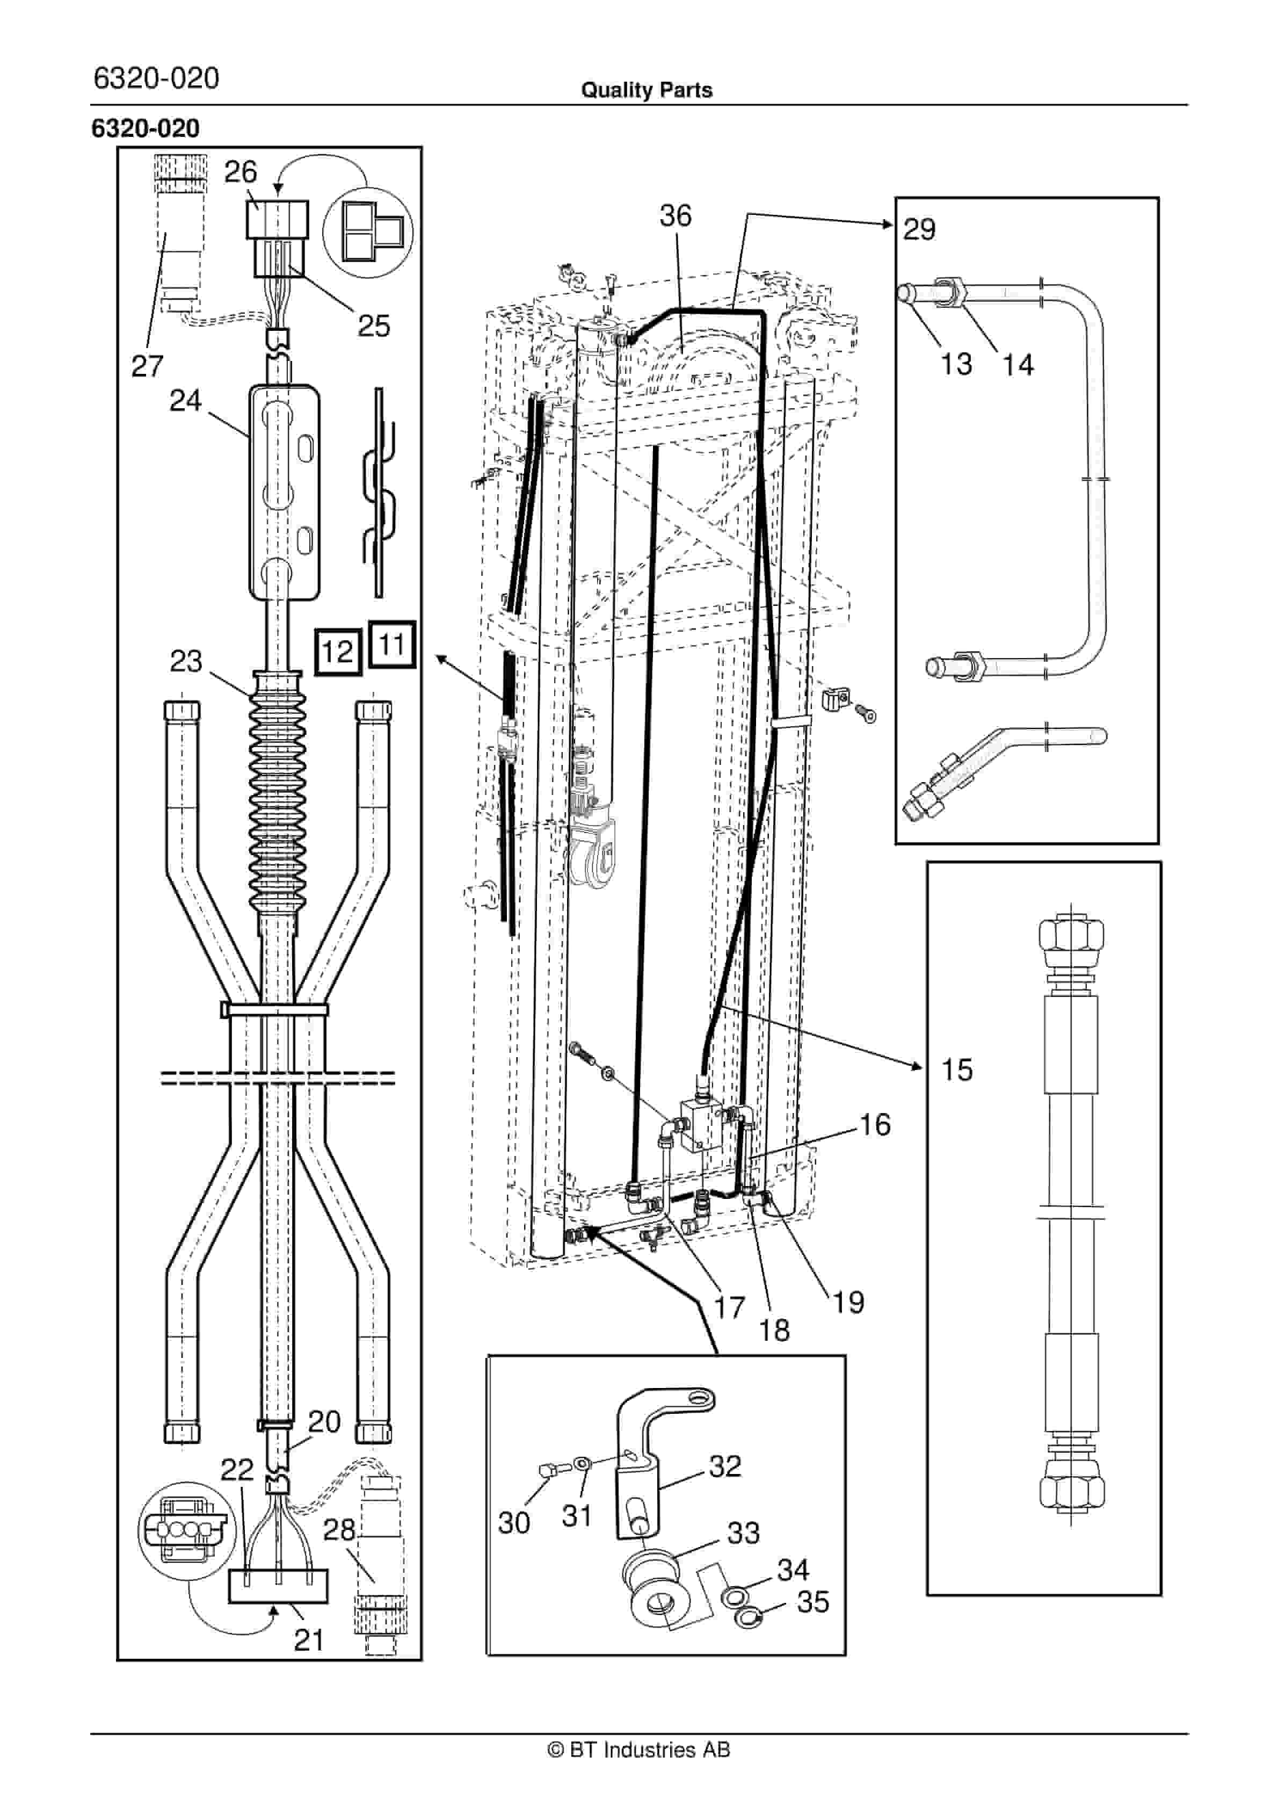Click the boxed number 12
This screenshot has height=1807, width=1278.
[x=338, y=651]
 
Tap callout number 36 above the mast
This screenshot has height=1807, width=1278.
[x=675, y=215]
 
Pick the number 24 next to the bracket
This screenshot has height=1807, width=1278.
[x=186, y=401]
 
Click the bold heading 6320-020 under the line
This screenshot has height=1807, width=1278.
[x=146, y=128]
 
